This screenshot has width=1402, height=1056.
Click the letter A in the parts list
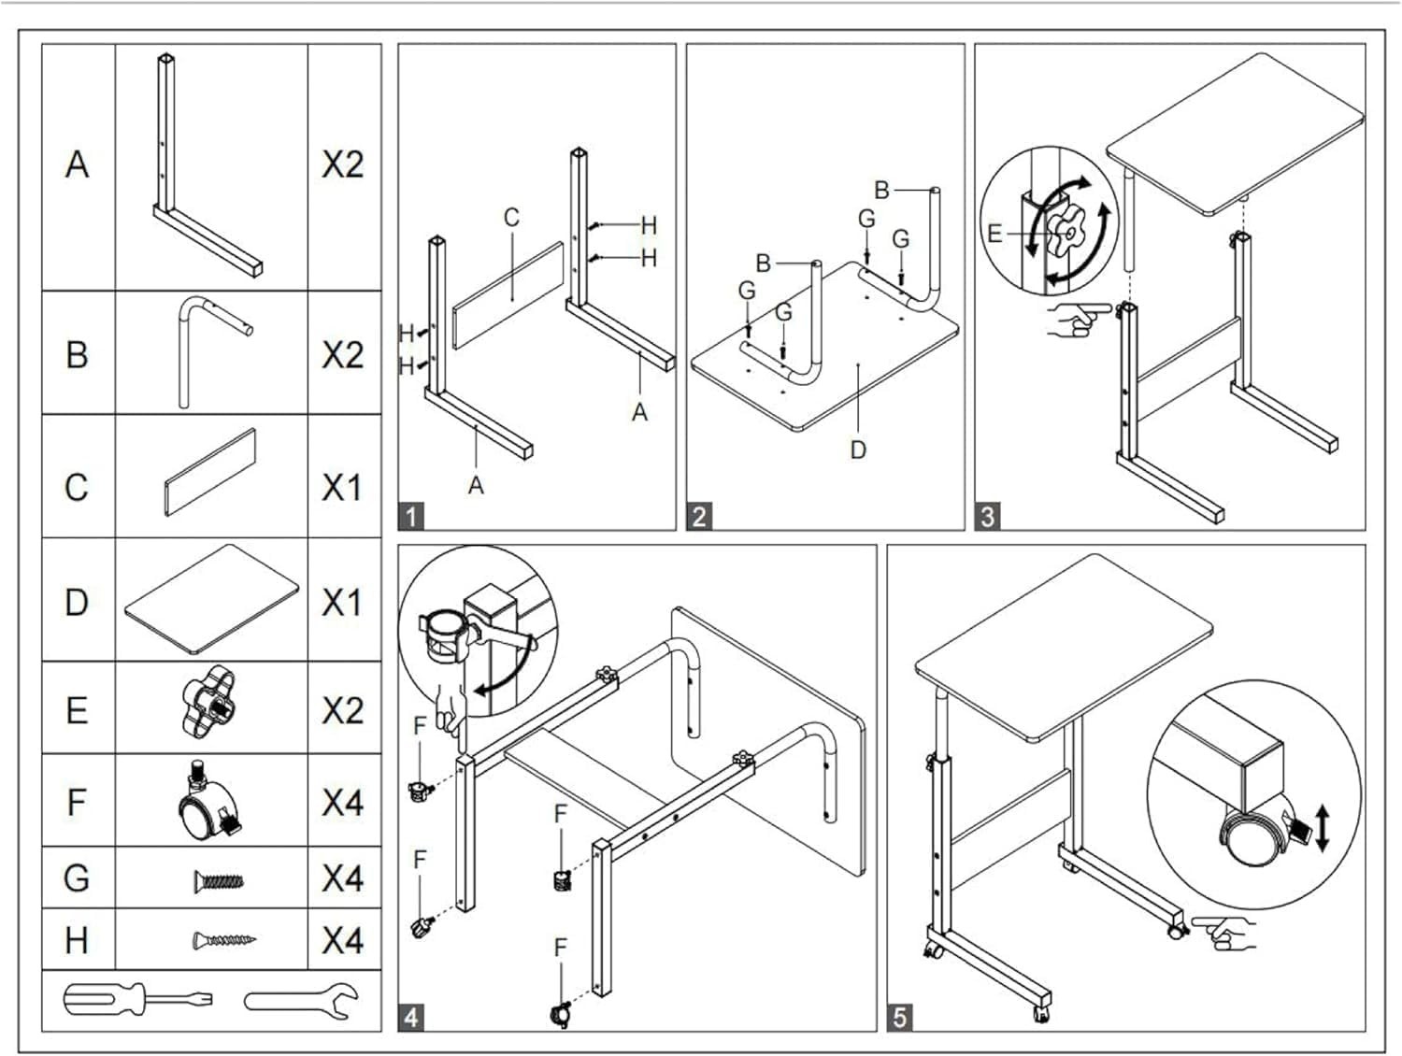click(78, 164)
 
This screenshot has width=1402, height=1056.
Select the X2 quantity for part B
click(342, 355)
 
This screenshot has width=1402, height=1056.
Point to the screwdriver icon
click(136, 1000)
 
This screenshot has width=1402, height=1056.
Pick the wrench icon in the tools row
click(302, 1001)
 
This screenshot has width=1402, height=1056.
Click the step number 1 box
click(411, 515)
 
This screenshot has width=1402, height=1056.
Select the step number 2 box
click(699, 515)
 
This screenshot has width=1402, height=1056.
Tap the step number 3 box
click(988, 515)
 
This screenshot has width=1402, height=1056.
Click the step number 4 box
click(411, 1016)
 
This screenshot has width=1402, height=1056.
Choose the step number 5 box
click(899, 1016)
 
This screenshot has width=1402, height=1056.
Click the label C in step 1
click(511, 218)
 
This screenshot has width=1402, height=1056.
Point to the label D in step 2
click(858, 450)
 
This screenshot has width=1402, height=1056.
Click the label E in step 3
click(994, 234)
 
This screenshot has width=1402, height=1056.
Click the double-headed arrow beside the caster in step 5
click(1322, 830)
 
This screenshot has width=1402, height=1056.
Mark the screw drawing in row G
click(221, 879)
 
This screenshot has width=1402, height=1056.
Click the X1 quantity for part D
click(342, 603)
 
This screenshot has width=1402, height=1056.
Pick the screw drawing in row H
click(223, 939)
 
